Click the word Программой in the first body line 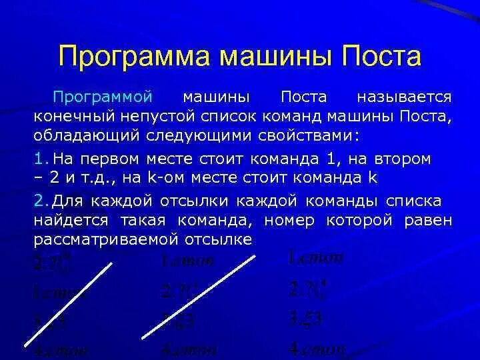pos(103,98)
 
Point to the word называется pos(405,98)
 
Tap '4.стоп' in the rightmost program pos(317,348)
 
